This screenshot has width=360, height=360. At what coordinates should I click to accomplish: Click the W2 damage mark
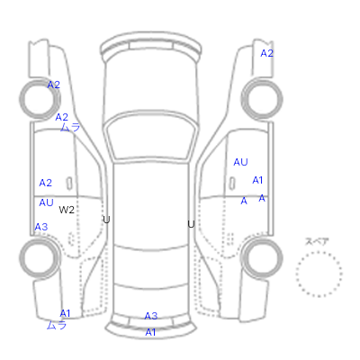click(x=67, y=210)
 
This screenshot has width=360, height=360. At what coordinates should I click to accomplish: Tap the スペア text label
click(x=317, y=241)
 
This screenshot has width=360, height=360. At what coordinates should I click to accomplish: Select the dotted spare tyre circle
click(x=319, y=274)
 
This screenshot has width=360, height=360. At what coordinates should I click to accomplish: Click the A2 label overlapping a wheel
click(x=54, y=85)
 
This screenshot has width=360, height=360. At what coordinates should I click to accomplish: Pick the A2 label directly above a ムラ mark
click(x=61, y=117)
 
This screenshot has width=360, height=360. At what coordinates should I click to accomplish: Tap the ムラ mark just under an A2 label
click(x=70, y=127)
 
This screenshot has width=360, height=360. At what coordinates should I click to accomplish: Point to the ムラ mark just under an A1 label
click(x=57, y=325)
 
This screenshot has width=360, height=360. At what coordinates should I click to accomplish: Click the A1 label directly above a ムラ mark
click(x=65, y=313)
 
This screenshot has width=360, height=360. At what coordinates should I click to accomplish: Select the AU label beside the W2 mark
click(x=46, y=202)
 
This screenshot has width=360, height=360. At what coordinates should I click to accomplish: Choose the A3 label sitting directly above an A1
click(x=151, y=316)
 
